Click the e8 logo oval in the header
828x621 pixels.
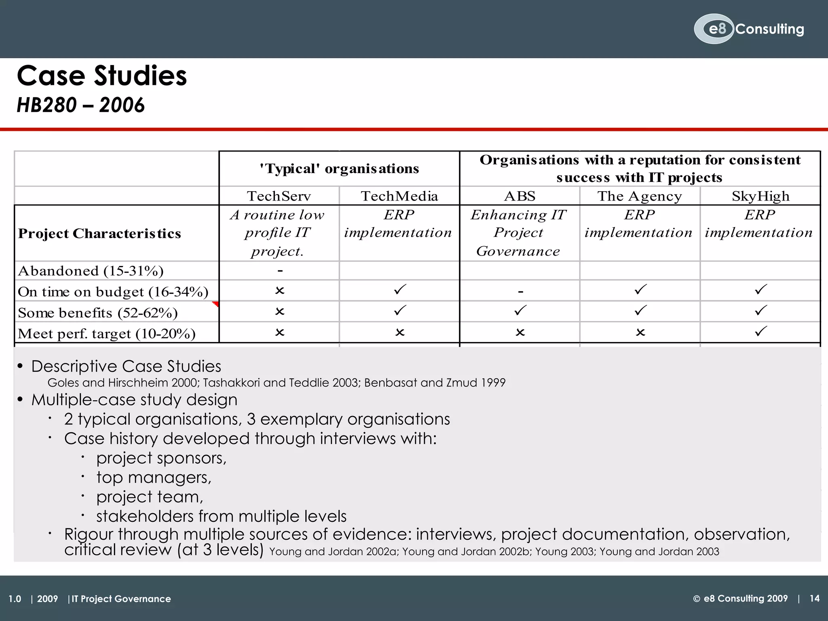click(x=714, y=29)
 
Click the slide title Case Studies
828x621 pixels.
click(x=102, y=76)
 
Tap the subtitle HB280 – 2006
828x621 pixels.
click(x=80, y=105)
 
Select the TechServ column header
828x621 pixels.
click(x=279, y=196)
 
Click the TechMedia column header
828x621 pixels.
click(x=399, y=196)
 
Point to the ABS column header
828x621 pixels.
click(x=520, y=196)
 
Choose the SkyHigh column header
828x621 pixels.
click(x=760, y=196)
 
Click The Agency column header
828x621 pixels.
click(x=640, y=196)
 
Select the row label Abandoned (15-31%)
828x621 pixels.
click(x=91, y=271)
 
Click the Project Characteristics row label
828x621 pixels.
click(x=99, y=233)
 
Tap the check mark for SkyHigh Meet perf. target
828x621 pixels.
click(x=760, y=332)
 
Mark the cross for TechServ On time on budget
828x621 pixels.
click(x=279, y=291)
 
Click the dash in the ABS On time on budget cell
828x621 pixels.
click(x=520, y=291)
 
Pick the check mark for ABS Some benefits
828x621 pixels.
click(x=520, y=310)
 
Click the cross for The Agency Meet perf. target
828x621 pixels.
click(x=640, y=332)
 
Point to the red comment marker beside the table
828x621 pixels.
click(x=216, y=304)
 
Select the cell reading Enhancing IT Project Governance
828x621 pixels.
click(x=519, y=233)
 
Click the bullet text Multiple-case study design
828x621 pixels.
click(x=134, y=400)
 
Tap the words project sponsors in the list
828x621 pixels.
click(x=161, y=458)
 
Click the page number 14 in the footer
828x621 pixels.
click(x=814, y=598)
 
